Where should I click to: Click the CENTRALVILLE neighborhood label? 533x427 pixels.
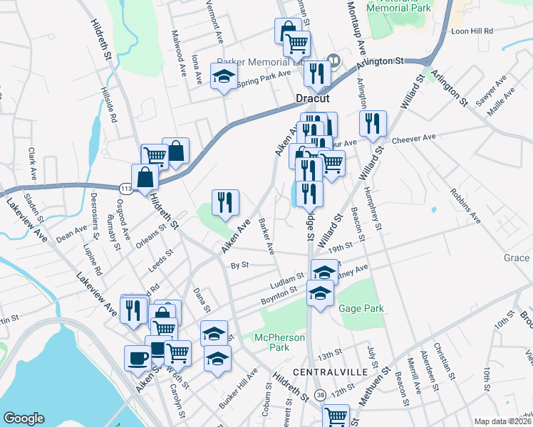point(331,372)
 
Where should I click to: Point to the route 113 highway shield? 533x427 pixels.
point(126,188)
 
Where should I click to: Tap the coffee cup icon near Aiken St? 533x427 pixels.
point(138,358)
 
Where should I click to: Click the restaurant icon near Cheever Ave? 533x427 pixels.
point(372,124)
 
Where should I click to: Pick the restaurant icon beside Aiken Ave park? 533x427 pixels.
point(225,202)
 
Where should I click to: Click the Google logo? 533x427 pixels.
point(24,418)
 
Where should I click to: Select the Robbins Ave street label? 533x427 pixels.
point(465,206)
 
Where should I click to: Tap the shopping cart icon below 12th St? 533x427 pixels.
point(336,416)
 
